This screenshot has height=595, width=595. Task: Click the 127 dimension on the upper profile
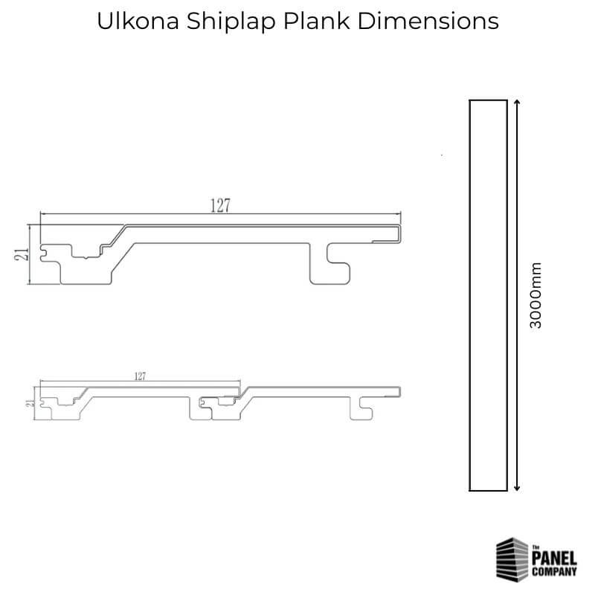(219, 207)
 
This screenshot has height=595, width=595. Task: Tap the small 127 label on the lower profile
(140, 377)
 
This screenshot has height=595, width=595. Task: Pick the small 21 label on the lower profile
(29, 403)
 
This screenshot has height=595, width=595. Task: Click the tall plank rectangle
(488, 295)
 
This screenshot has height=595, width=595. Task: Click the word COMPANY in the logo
(553, 572)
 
